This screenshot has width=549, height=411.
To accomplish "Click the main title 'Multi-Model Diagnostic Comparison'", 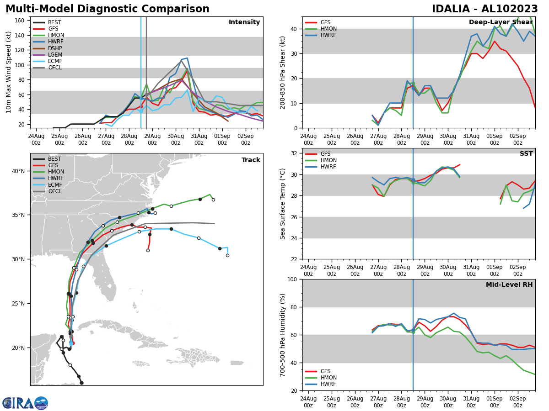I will (108, 9).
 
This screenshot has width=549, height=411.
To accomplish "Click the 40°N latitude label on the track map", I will (18, 171).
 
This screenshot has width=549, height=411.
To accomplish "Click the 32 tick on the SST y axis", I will (295, 153).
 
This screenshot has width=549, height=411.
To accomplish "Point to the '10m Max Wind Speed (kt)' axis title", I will (9, 72).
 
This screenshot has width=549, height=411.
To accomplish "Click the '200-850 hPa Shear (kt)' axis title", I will (283, 72).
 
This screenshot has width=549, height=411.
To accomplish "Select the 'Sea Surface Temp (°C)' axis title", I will (283, 204).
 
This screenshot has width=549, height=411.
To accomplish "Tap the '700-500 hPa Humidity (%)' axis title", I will (283, 335).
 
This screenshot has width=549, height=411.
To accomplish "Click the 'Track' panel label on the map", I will (251, 160).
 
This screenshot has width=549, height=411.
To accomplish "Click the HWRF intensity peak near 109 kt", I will (187, 58).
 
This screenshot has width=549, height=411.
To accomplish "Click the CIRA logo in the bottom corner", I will (25, 403).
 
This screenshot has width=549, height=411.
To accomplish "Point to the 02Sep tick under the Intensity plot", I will (246, 139).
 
